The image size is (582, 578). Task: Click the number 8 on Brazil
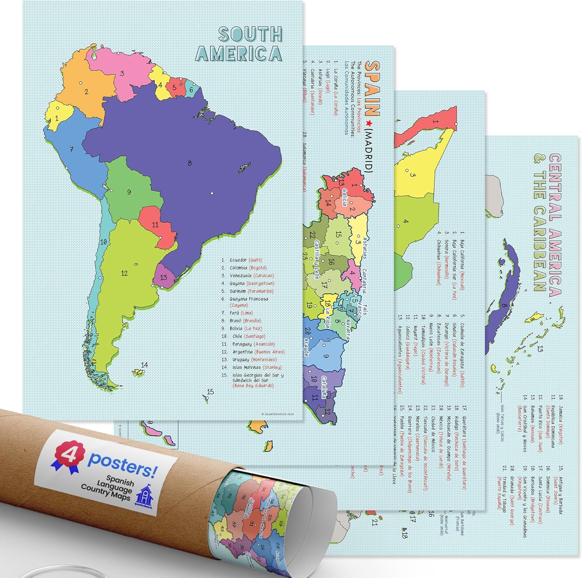point(189,163)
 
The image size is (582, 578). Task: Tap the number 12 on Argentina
point(124,273)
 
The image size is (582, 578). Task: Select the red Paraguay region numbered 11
point(155,224)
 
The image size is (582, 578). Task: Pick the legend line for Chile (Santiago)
point(248,336)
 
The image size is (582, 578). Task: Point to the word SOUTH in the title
point(250,34)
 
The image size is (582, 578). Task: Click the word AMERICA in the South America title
point(238,53)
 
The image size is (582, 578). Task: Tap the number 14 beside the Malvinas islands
point(144,365)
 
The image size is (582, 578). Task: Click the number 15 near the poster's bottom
point(210,392)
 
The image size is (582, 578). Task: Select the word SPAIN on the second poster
point(373,89)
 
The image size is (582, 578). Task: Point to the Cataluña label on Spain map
point(326,387)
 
